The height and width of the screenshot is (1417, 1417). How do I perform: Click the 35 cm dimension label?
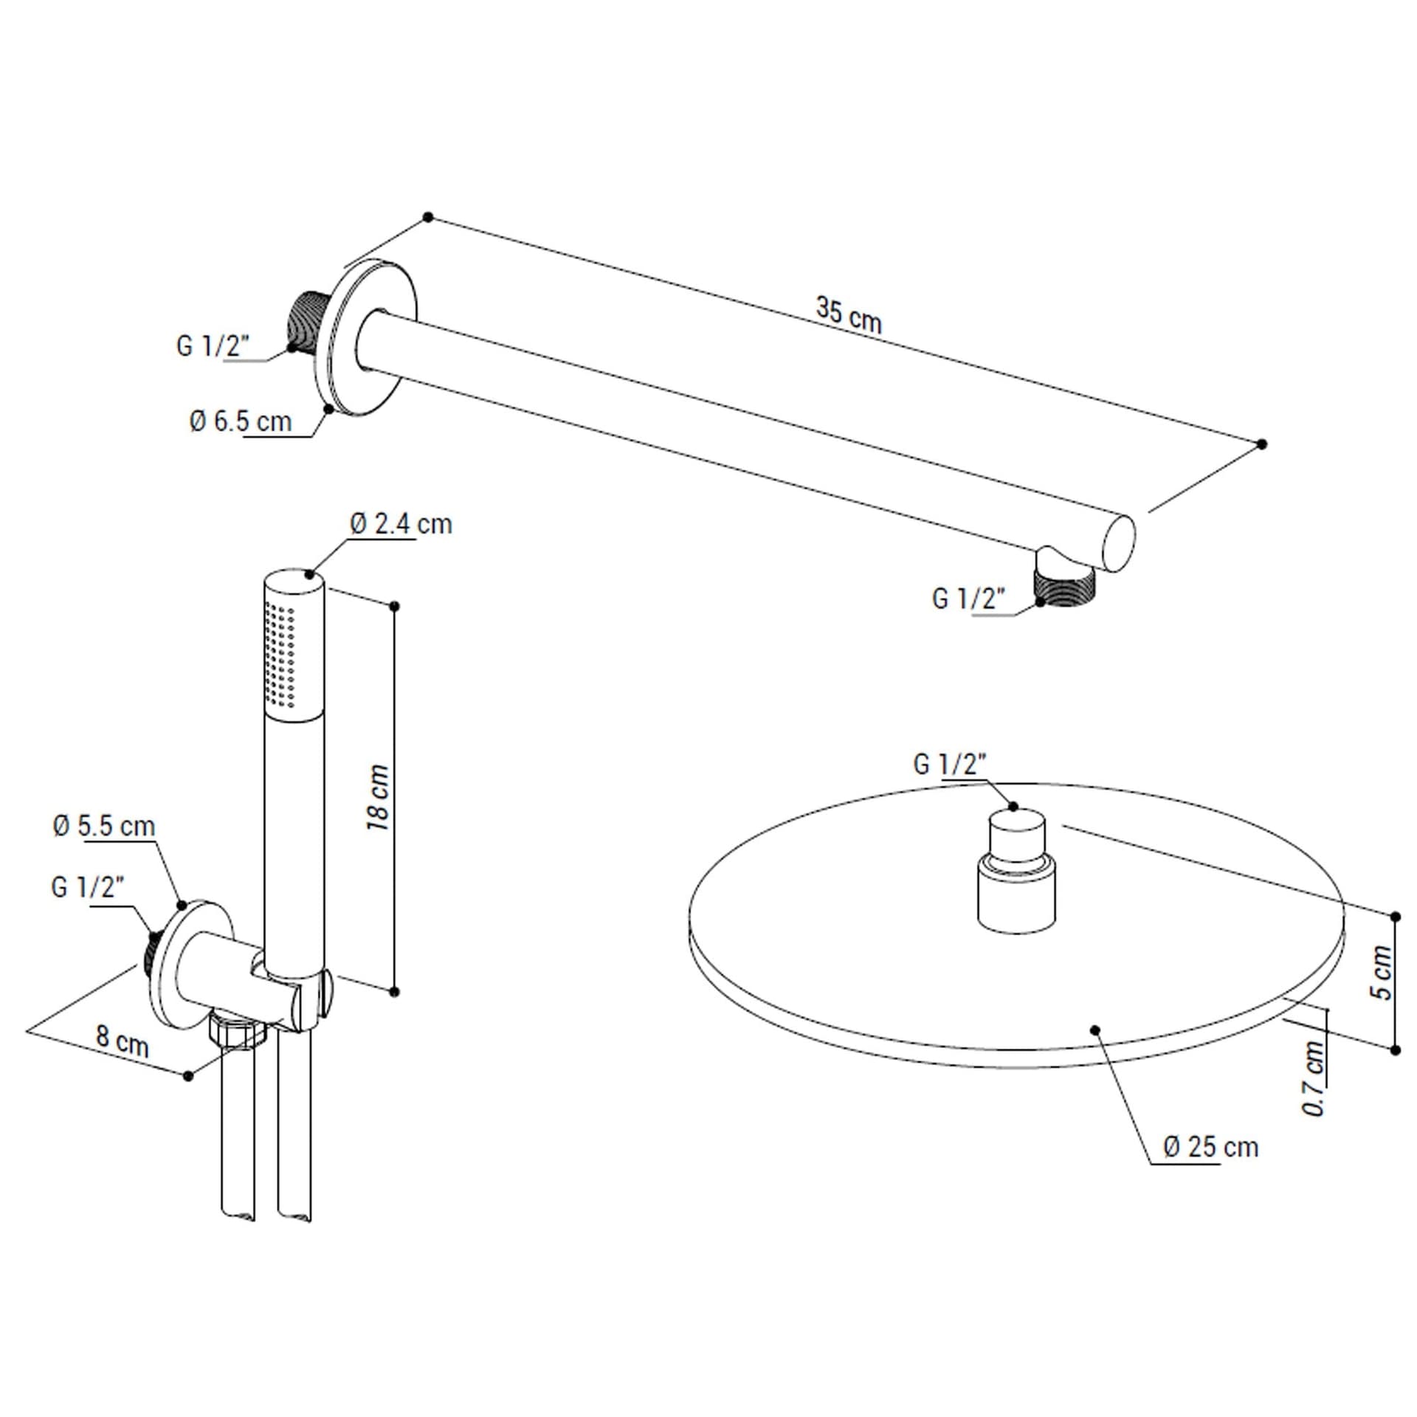click(x=849, y=315)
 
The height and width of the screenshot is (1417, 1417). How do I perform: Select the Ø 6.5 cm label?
click(x=241, y=421)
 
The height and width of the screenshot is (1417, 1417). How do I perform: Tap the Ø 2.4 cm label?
click(x=401, y=524)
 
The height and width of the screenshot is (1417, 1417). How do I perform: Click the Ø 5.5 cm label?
click(x=104, y=826)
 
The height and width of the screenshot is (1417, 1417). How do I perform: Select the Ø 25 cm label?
click(x=1211, y=1147)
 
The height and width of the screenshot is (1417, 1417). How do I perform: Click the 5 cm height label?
click(x=1382, y=972)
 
